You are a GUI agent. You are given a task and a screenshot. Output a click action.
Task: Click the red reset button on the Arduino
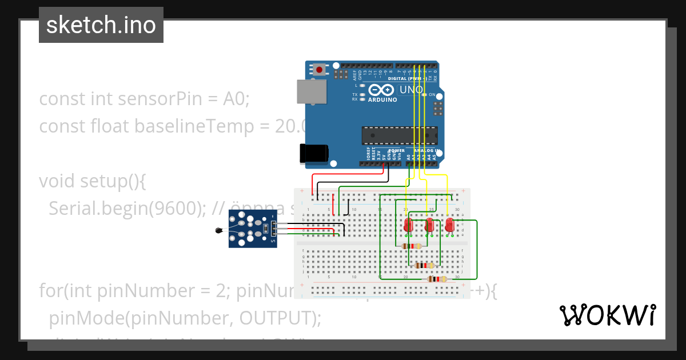(x=318, y=70)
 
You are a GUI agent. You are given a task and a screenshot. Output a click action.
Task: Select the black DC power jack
(x=314, y=153)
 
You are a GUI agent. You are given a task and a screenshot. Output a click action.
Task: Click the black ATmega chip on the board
(x=399, y=135)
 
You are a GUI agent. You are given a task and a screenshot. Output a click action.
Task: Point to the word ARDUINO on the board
(x=382, y=99)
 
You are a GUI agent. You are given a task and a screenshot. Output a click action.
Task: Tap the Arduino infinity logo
(x=382, y=90)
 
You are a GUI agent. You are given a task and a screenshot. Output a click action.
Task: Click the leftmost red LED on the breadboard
(x=408, y=225)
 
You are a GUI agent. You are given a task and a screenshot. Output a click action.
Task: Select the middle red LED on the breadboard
(x=429, y=225)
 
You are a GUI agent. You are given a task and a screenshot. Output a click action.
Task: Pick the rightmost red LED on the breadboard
(x=450, y=225)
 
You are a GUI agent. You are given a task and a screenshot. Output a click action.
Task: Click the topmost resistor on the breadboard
(x=412, y=246)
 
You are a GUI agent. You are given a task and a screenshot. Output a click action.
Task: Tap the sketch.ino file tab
(x=101, y=25)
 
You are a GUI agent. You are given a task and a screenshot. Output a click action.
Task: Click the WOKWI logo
(x=607, y=315)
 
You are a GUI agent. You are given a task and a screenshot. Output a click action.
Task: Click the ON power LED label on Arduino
(x=433, y=95)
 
